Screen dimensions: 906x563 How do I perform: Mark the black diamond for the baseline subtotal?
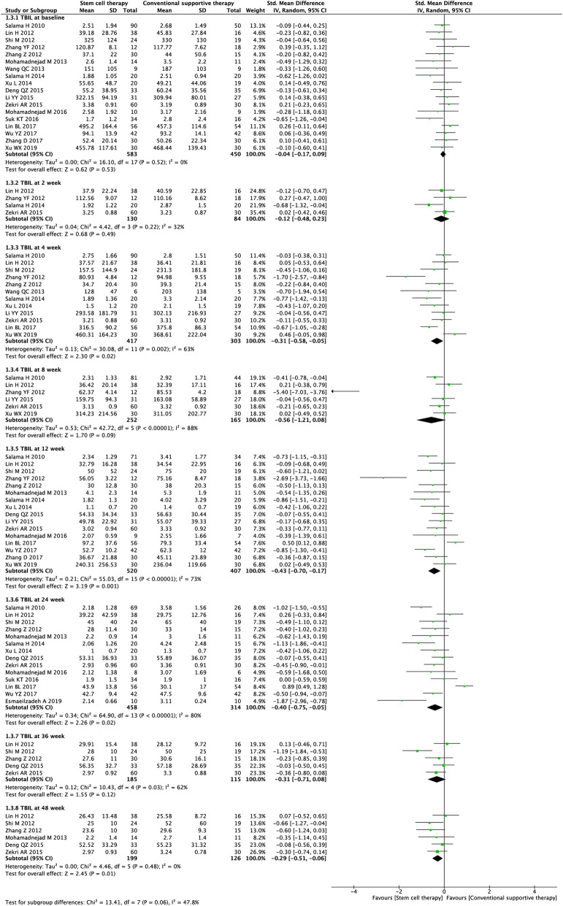(x=445, y=155)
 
